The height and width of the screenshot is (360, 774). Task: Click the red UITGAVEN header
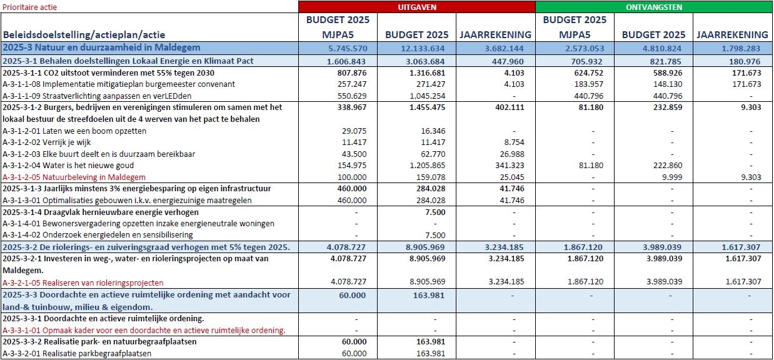pyautogui.click(x=417, y=7)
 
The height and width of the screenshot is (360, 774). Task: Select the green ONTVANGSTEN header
pyautogui.click(x=654, y=7)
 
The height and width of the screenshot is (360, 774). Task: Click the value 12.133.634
pyautogui.click(x=415, y=48)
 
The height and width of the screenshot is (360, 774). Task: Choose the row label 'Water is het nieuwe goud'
pyautogui.click(x=75, y=165)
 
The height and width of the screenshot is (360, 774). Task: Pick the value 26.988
pyautogui.click(x=496, y=154)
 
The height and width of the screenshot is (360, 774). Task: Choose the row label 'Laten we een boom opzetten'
pyautogui.click(x=75, y=131)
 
